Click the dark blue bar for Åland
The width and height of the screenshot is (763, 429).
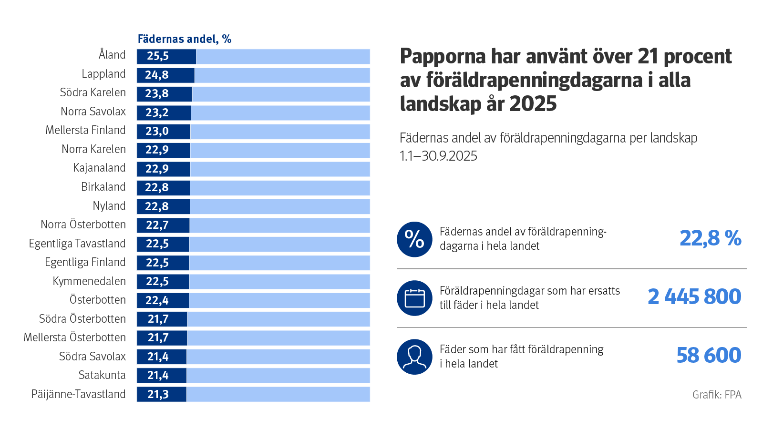[x=166, y=56]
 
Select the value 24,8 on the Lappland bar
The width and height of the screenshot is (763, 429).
[x=157, y=75]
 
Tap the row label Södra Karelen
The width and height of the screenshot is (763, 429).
[x=93, y=92]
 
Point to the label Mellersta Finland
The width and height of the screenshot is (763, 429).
[x=86, y=130]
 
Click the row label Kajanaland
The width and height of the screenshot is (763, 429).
[x=99, y=168]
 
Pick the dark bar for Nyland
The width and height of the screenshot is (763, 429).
[x=163, y=206]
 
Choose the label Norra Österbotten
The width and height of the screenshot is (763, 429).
[x=83, y=225]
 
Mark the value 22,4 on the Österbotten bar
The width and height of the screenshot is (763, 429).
[x=157, y=300]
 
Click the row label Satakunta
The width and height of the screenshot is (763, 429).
[x=102, y=375]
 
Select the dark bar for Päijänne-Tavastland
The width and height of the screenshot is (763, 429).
[x=162, y=394]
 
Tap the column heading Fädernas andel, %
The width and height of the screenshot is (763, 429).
[x=185, y=39]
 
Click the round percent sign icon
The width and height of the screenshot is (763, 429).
[x=414, y=239]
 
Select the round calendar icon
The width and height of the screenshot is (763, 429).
[x=414, y=298]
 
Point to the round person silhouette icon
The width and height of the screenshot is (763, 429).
[x=414, y=357]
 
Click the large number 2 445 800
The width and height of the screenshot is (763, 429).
[x=694, y=297]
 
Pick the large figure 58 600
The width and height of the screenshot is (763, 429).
[x=709, y=356]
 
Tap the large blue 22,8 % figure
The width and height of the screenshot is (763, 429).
[x=710, y=238]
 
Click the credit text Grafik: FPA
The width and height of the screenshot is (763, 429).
[x=717, y=395]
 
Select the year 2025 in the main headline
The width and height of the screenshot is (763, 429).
[x=533, y=104]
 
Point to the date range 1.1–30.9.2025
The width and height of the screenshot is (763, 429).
[x=438, y=156]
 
